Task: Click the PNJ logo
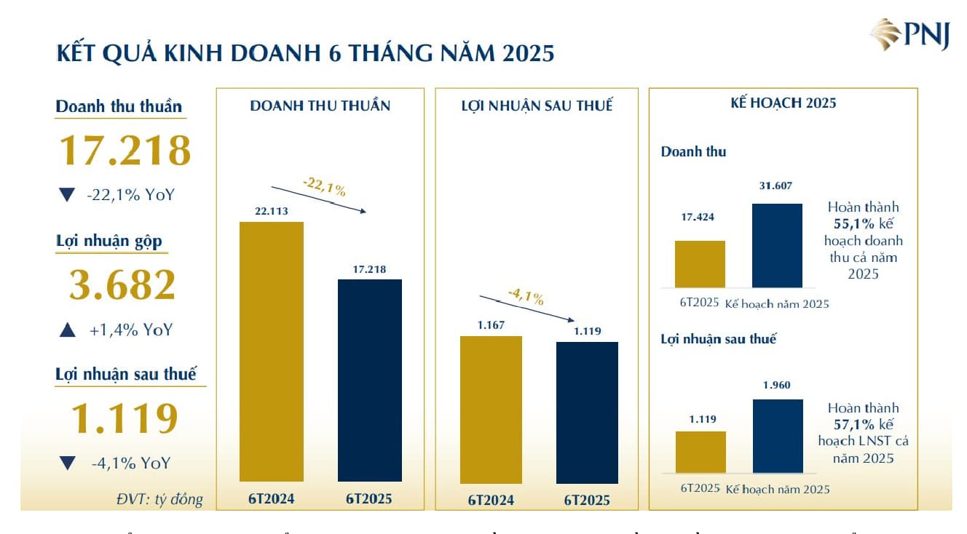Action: pos(910,35)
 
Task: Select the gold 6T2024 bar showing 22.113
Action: pos(272,351)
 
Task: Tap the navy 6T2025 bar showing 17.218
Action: pos(370,380)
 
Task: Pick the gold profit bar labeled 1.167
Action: pos(491,410)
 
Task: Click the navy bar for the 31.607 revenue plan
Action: pos(777,245)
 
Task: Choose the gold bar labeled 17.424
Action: pos(700,264)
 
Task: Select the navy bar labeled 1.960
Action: pos(778,436)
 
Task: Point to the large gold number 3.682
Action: pos(122,284)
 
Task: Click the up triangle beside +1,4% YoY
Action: pos(67,330)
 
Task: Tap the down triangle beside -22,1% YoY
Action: pos(67,195)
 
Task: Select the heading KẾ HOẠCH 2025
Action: pos(783,103)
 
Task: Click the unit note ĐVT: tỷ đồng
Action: pos(159,499)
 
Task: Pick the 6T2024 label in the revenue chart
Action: pos(271,499)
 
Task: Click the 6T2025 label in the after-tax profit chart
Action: pos(587,501)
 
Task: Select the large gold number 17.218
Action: pos(124,150)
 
